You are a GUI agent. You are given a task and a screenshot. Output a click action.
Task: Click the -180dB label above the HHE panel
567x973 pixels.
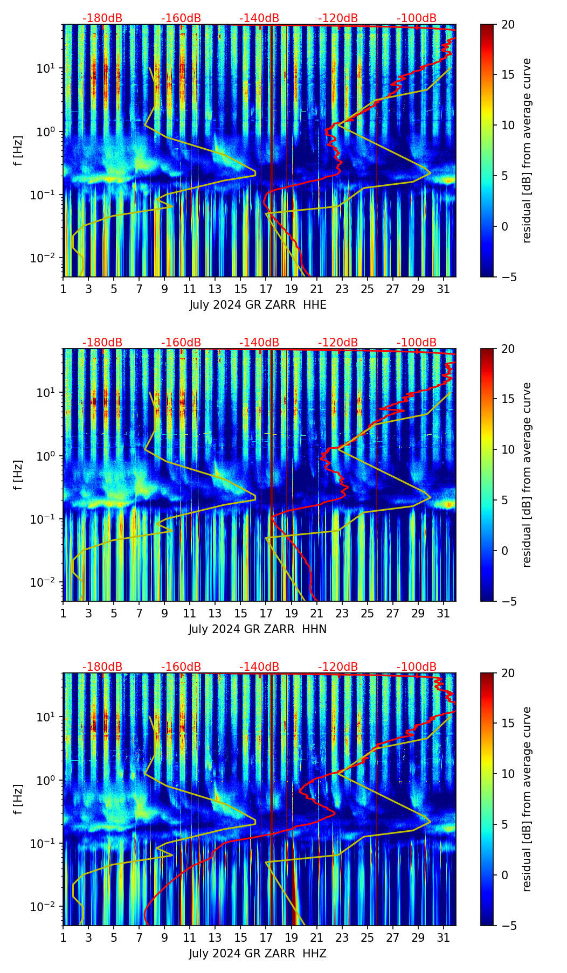click(x=102, y=18)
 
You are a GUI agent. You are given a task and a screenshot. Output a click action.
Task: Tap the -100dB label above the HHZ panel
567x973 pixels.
click(x=417, y=667)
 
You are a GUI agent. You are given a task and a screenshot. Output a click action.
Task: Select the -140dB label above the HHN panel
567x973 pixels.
click(x=259, y=343)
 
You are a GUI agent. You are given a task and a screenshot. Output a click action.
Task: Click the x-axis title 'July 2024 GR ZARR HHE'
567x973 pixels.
click(x=258, y=305)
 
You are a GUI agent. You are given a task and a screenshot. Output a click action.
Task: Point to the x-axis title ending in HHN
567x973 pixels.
click(x=258, y=629)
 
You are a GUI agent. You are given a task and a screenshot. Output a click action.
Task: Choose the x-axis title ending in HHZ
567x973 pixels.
click(x=258, y=954)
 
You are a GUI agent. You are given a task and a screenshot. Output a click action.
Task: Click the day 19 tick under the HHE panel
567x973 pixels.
click(x=291, y=289)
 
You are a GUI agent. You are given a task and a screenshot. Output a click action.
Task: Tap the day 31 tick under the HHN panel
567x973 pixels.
click(x=443, y=614)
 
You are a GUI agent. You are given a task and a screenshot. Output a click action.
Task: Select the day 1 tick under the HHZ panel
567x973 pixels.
click(x=64, y=938)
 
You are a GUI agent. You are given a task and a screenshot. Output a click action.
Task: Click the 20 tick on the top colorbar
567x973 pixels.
click(x=508, y=24)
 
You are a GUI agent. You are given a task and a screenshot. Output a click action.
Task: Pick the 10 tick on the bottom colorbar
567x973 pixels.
click(x=508, y=774)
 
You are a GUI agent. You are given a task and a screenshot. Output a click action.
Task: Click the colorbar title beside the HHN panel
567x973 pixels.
click(x=527, y=475)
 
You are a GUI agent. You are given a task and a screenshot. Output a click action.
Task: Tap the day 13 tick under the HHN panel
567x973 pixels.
click(x=215, y=614)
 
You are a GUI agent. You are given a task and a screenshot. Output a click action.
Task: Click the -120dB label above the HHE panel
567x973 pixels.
click(x=338, y=18)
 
